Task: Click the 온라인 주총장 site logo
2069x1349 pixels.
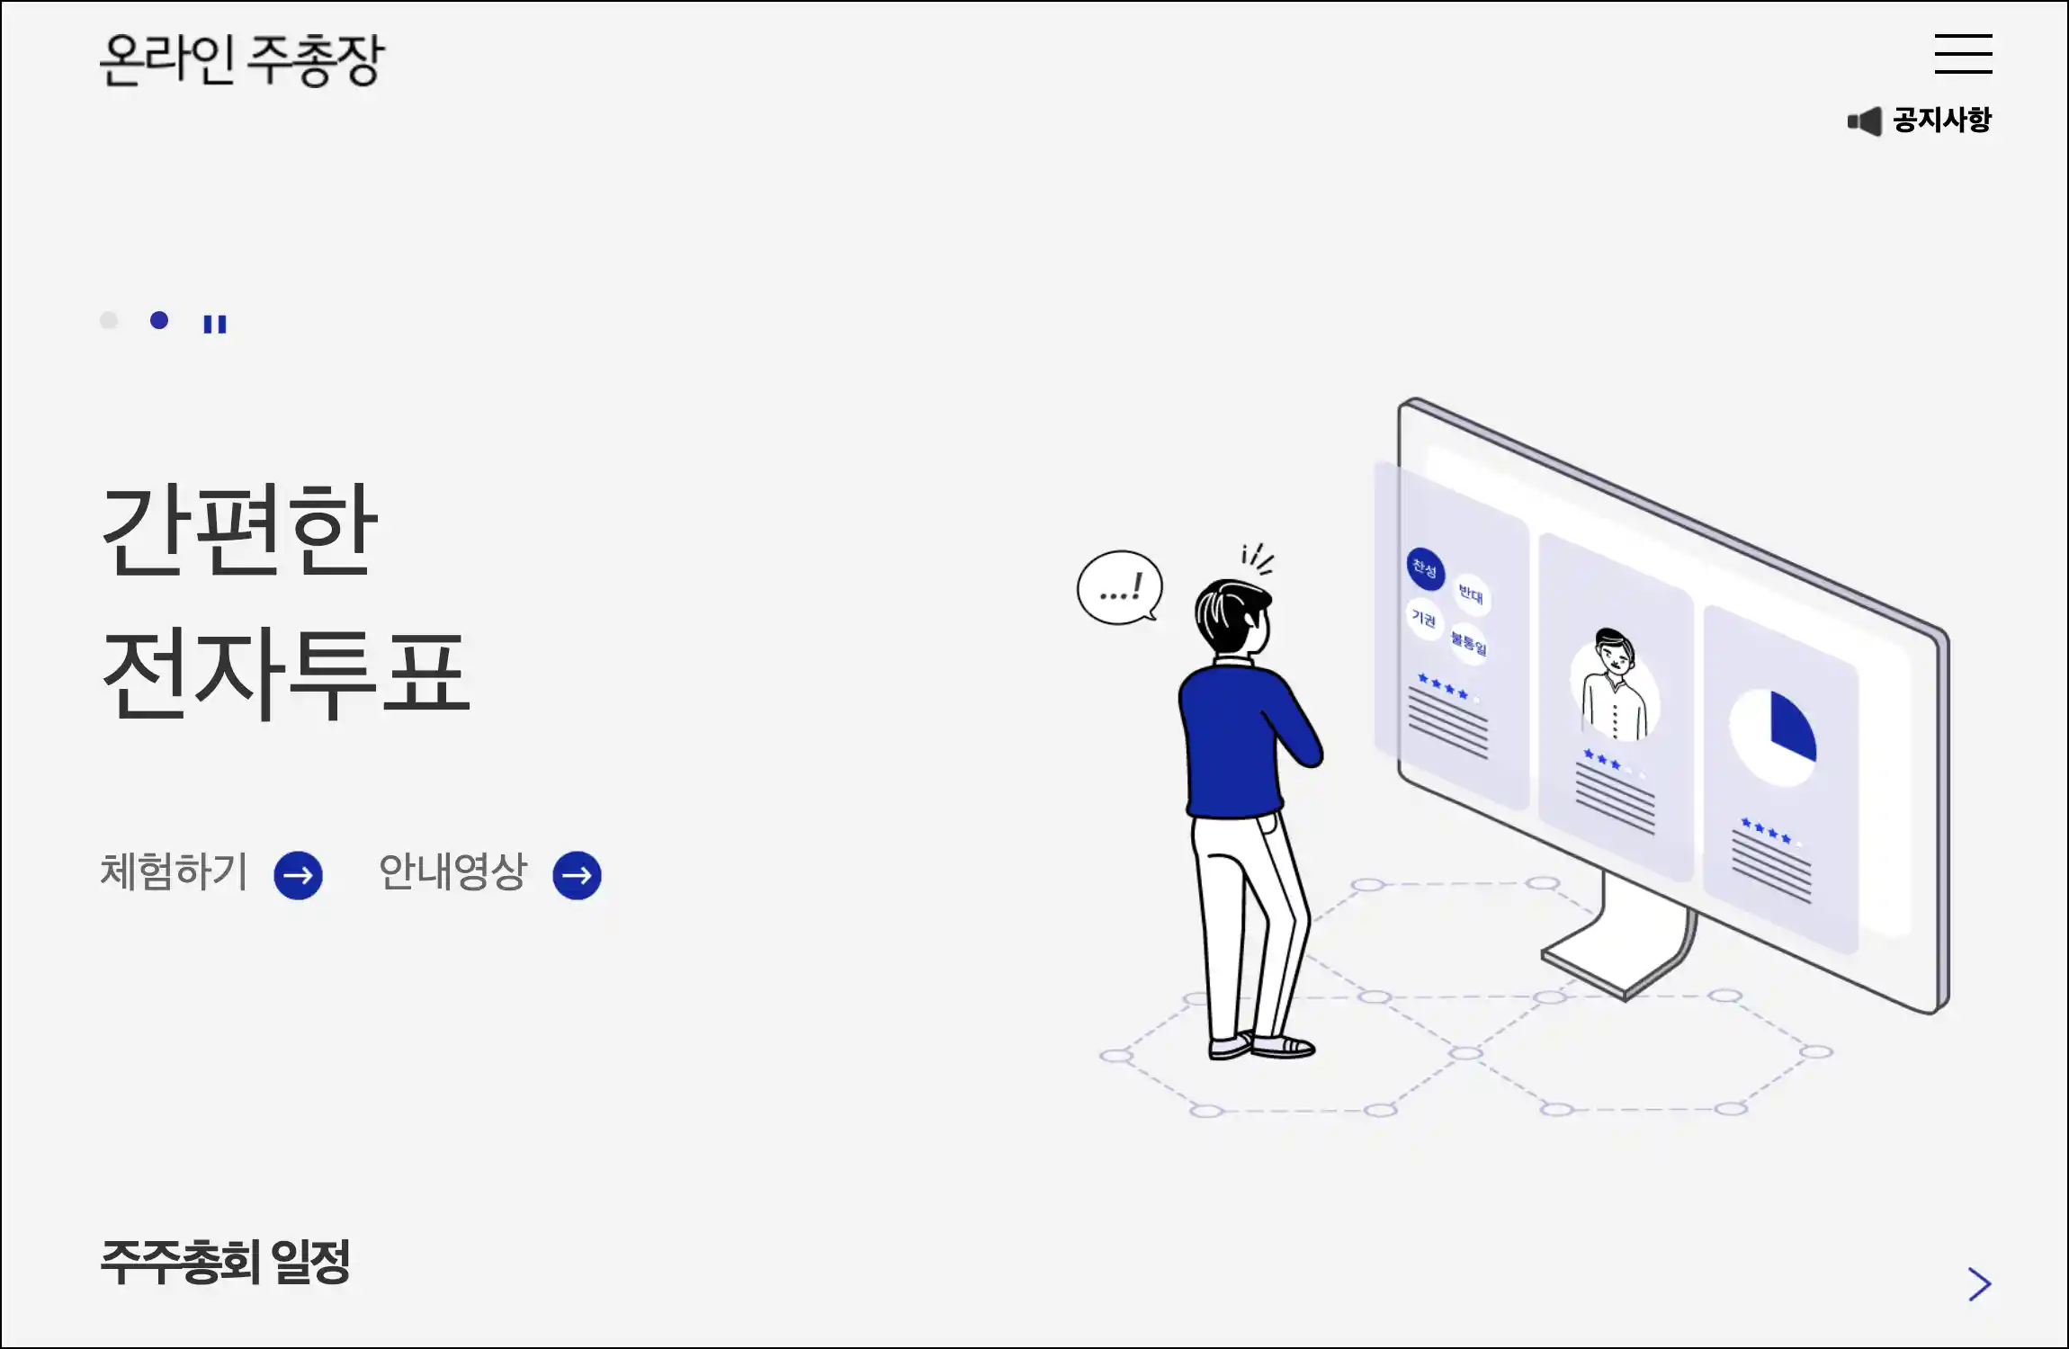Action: [x=241, y=59]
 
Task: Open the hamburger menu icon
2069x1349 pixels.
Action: [x=1963, y=54]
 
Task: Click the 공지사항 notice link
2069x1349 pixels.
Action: [x=1941, y=120]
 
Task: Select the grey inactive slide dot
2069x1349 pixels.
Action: [x=109, y=321]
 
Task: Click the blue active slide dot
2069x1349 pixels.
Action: [x=159, y=321]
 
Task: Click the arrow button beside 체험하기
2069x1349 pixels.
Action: [x=299, y=875]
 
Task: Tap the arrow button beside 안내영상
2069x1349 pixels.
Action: [x=578, y=875]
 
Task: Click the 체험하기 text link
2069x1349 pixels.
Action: [x=174, y=871]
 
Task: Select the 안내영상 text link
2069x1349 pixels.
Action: [x=452, y=871]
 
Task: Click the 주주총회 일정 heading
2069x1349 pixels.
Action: [x=225, y=1262]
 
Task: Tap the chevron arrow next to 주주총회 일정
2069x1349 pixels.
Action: [x=1979, y=1284]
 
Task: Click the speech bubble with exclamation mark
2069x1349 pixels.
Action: [x=1119, y=588]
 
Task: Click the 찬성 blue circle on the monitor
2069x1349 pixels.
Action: [x=1425, y=568]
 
